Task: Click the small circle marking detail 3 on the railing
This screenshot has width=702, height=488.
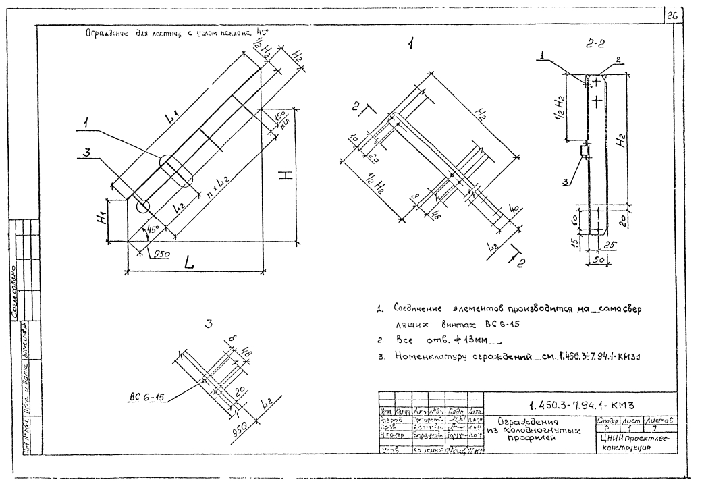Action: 141,206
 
